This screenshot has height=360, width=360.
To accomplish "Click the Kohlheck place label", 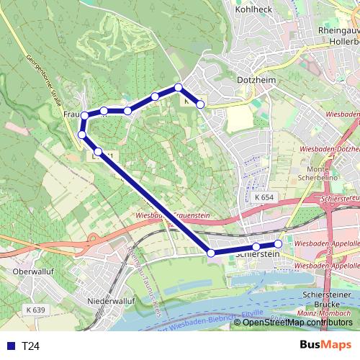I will (x=252, y=9).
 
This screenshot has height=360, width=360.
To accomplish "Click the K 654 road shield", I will (x=264, y=197).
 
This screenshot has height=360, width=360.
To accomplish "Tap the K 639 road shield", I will (x=34, y=310).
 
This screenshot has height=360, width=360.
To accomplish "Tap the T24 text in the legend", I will (x=31, y=346).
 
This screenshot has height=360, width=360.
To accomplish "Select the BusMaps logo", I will (x=325, y=345).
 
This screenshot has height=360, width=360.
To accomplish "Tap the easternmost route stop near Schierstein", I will (x=279, y=244).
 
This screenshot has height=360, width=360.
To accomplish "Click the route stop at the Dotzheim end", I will (x=201, y=105).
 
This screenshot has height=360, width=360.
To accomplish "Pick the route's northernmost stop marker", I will (x=179, y=88).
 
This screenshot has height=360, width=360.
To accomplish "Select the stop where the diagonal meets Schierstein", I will (x=211, y=253).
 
